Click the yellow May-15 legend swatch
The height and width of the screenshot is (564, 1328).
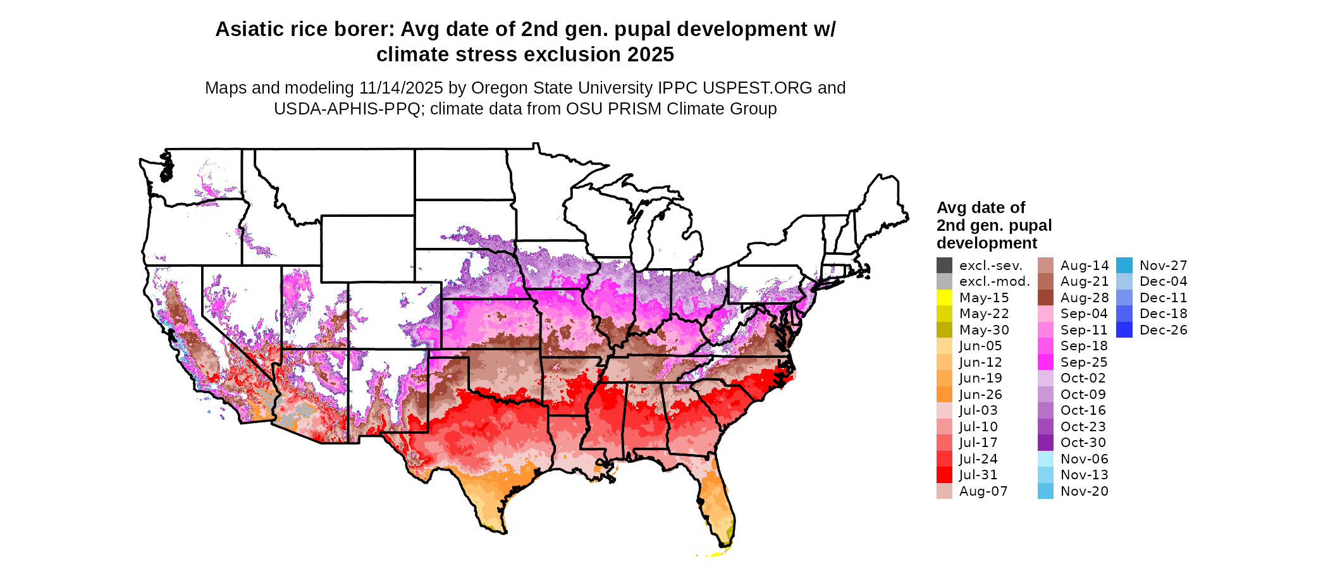point(944,298)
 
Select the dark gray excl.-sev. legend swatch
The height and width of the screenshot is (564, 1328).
point(944,266)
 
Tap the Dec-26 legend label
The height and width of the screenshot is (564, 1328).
point(1164,330)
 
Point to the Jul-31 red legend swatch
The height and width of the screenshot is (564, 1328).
point(944,475)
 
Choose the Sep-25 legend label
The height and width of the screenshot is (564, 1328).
point(1084,362)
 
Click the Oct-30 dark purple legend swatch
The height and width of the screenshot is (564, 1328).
point(1045,443)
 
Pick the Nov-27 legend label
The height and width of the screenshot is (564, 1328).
point(1164,266)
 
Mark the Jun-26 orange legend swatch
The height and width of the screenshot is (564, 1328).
point(944,395)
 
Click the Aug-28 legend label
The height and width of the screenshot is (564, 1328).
point(1085,298)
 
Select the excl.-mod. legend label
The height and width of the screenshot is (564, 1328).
point(995,281)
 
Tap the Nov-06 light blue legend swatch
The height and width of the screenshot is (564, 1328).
point(1045,459)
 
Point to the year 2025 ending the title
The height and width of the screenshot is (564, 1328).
point(651,55)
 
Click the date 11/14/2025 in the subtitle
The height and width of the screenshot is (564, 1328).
point(401,88)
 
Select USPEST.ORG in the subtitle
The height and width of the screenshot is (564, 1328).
point(768,88)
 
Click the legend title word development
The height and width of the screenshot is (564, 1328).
point(987,243)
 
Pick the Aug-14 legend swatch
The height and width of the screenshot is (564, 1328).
point(1045,266)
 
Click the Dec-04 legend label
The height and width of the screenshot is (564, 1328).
point(1164,281)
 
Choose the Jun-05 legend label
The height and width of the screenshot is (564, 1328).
point(980,346)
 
